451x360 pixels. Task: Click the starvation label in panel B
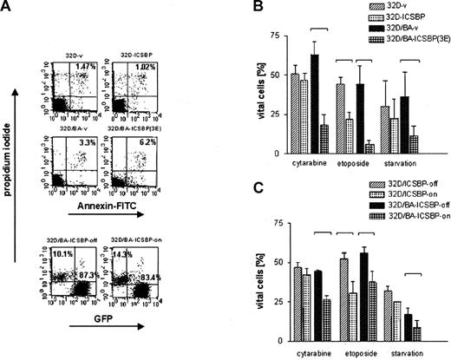(x=398, y=165)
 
